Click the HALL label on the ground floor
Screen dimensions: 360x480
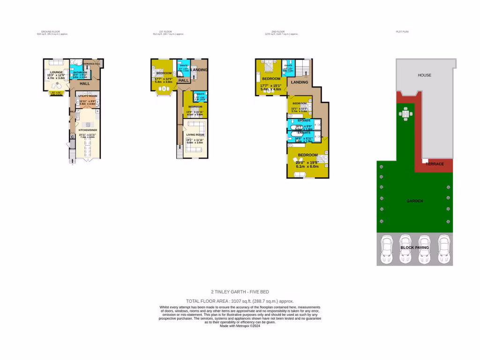click(85, 83)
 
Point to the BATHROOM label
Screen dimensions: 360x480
click(81, 72)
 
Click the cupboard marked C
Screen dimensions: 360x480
click(73, 137)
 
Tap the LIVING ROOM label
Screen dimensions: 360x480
click(195, 134)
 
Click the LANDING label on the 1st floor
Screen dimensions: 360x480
click(199, 70)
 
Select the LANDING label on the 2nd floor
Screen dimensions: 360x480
click(300, 82)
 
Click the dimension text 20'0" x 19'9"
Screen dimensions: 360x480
click(307, 163)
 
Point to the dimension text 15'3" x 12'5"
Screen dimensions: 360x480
click(56, 75)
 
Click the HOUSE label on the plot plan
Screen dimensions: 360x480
click(425, 75)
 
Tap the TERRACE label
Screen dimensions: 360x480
click(435, 164)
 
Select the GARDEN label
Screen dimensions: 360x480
click(415, 201)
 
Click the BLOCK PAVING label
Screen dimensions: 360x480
click(415, 247)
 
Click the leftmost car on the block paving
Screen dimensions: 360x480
click(387, 249)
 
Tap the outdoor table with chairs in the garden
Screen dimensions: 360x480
click(405, 113)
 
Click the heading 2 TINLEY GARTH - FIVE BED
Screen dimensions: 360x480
click(240, 291)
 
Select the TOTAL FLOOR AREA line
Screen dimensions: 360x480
click(240, 301)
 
